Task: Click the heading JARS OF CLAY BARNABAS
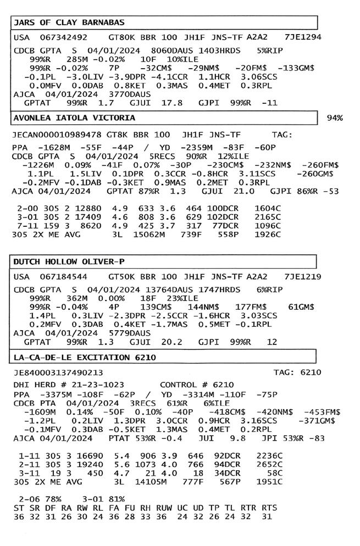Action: click(69, 23)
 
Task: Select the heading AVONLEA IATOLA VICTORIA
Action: click(74, 118)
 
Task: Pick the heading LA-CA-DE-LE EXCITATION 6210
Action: click(84, 358)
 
